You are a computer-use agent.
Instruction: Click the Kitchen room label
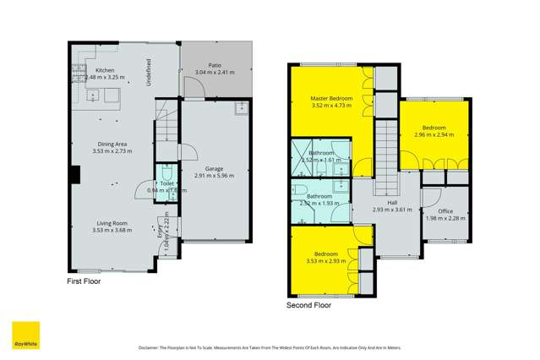click(x=105, y=70)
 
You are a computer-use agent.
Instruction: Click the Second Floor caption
click(x=308, y=306)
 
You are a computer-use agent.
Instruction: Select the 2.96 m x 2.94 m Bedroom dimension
click(x=434, y=134)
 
